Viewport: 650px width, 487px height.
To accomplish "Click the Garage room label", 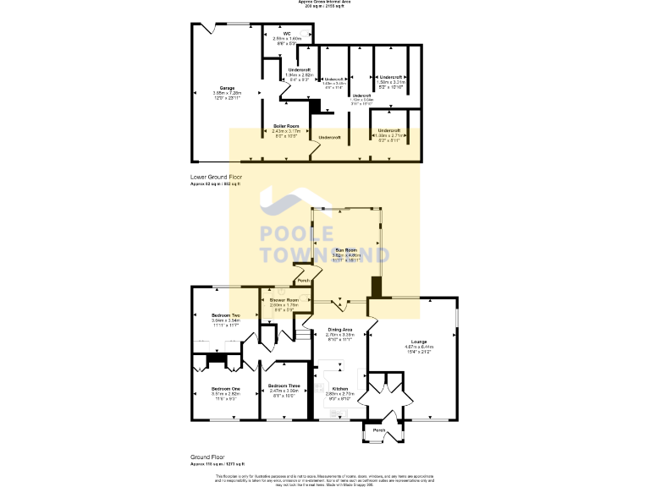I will click(x=226, y=88).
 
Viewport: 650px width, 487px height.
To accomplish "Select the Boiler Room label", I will click(x=286, y=126).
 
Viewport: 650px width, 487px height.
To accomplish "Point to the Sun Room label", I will click(x=342, y=251).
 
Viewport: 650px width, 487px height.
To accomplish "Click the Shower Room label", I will click(x=284, y=300).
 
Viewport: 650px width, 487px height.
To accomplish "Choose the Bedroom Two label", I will click(x=226, y=315).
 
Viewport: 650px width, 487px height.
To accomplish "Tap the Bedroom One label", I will click(x=226, y=388).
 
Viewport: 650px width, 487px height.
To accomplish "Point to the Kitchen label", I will click(x=339, y=389).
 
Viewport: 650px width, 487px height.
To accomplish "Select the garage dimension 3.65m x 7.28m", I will click(x=226, y=93).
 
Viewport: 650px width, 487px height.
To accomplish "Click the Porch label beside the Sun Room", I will click(x=304, y=281).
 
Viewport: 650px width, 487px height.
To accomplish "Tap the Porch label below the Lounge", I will click(x=379, y=430).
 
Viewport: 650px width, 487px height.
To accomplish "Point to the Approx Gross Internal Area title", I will click(x=325, y=3).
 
